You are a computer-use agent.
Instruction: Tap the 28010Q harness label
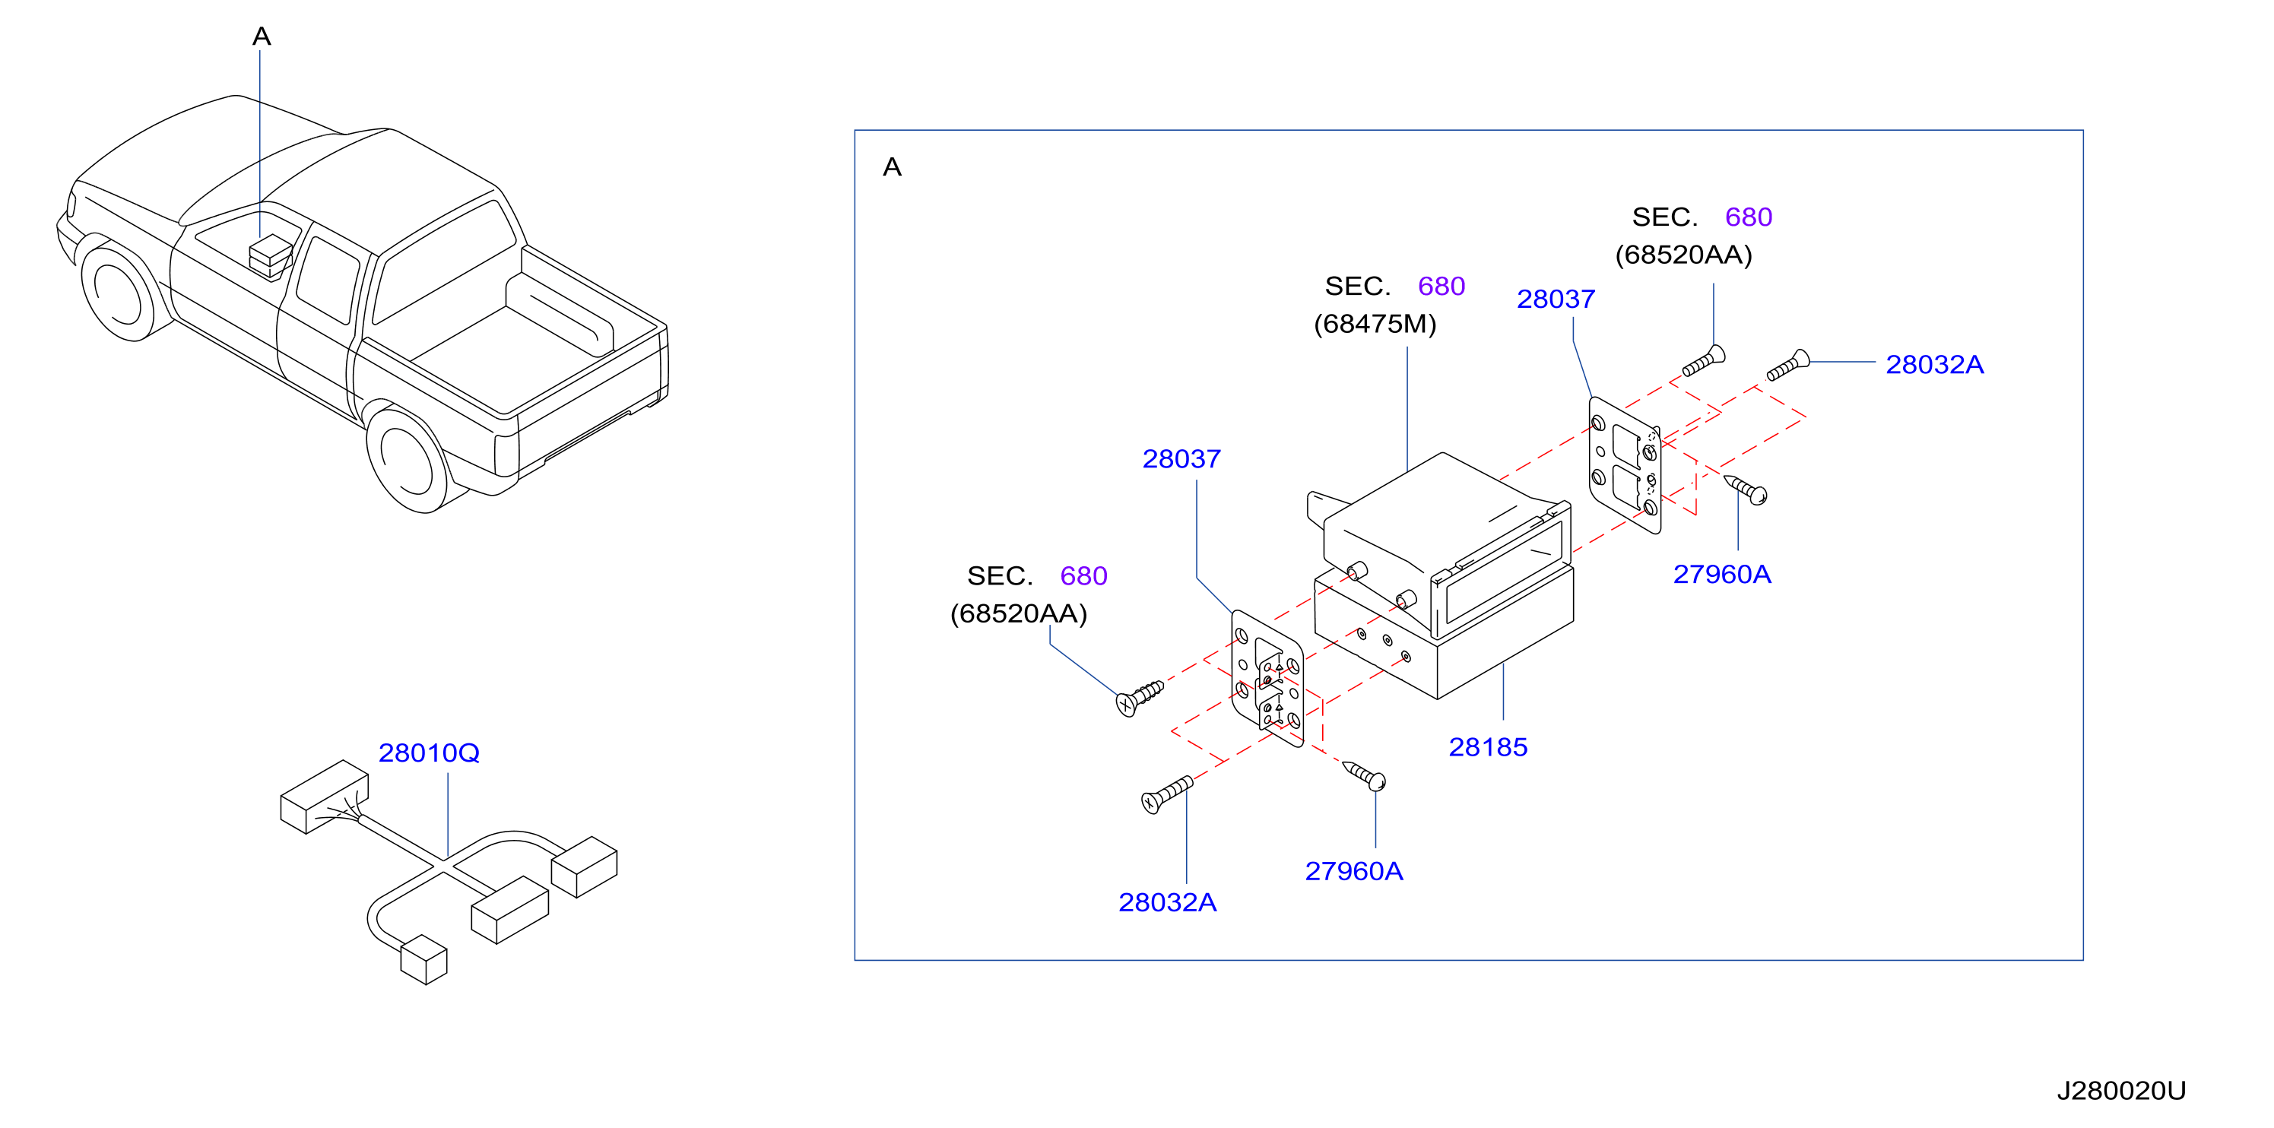click(429, 753)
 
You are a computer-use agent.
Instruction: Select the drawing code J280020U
click(2121, 1091)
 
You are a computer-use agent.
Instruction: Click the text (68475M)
click(1375, 324)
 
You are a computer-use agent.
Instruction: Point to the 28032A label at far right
click(1935, 365)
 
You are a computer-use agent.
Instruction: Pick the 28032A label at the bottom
click(1168, 902)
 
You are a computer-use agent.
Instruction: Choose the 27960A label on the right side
click(1722, 575)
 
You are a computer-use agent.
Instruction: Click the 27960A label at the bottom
click(1354, 871)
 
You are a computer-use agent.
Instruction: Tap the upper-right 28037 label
click(1556, 299)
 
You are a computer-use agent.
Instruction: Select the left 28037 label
click(1182, 459)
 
